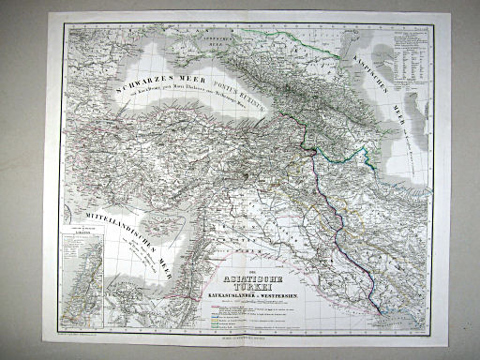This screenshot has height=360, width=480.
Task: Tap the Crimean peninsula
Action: (159, 43)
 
